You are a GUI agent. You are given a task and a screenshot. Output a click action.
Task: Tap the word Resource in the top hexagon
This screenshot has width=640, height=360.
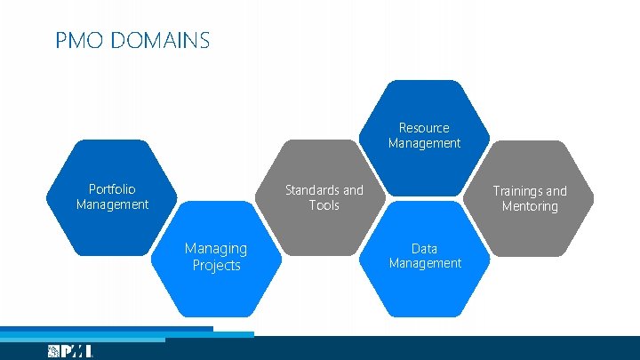(x=424, y=128)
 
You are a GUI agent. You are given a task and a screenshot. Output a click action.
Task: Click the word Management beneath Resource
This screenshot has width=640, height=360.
(x=424, y=143)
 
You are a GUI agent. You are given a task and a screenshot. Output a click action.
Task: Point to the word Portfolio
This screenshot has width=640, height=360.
(x=112, y=189)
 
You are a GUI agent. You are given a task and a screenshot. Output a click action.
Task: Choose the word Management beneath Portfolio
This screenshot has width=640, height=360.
(x=112, y=204)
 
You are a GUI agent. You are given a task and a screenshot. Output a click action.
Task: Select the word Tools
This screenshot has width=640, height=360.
(x=324, y=205)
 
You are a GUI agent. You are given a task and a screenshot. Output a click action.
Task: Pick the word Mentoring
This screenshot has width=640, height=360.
(x=530, y=206)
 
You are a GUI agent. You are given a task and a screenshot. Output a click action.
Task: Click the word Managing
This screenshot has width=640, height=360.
(x=215, y=249)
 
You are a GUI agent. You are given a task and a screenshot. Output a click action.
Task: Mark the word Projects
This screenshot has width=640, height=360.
(x=216, y=265)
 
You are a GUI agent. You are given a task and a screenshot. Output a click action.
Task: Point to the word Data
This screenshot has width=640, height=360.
(x=424, y=248)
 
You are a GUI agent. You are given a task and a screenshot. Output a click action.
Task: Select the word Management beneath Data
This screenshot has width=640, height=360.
(x=425, y=263)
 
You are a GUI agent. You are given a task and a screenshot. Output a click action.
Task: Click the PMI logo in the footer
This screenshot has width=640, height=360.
(x=70, y=351)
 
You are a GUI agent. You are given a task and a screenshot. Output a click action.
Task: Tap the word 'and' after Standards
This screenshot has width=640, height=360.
(x=353, y=190)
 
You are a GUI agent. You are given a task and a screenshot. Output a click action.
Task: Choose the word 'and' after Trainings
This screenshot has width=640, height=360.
(x=556, y=191)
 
